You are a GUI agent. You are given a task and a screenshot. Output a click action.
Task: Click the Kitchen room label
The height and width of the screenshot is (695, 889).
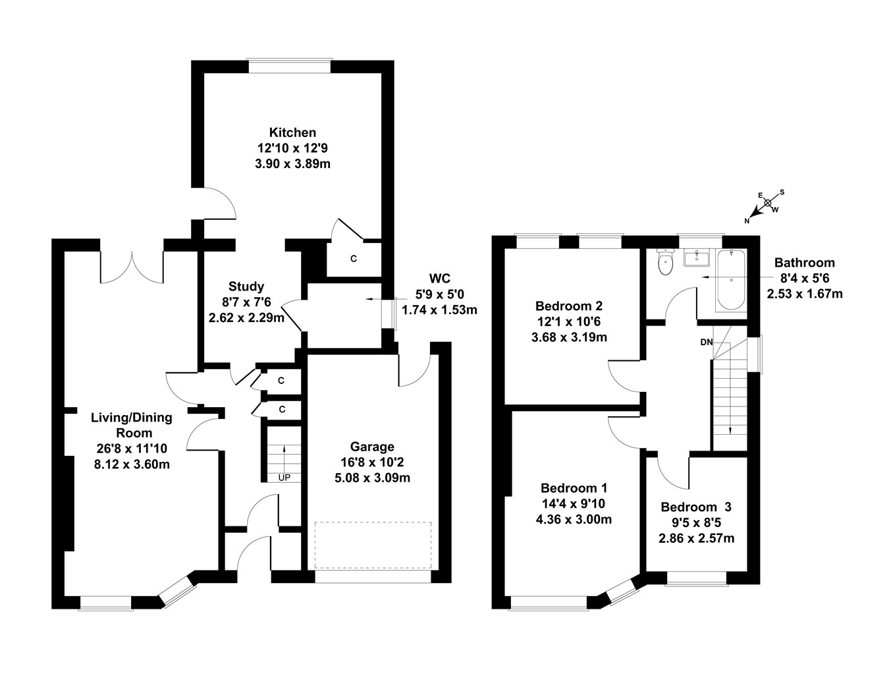pyautogui.click(x=292, y=132)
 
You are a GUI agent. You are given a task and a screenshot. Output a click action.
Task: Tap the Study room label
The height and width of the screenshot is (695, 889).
pyautogui.click(x=246, y=287)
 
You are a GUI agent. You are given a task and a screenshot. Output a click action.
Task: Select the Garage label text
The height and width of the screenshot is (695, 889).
pyautogui.click(x=372, y=447)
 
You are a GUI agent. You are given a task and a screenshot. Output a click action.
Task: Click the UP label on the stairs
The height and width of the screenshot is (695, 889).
pyautogui.click(x=284, y=477)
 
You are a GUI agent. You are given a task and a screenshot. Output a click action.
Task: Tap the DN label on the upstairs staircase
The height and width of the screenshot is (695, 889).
pyautogui.click(x=706, y=342)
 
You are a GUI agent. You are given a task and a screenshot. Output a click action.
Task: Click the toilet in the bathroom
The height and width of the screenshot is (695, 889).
pyautogui.click(x=666, y=264)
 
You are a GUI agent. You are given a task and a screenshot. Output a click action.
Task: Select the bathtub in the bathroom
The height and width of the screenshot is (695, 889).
pyautogui.click(x=730, y=280)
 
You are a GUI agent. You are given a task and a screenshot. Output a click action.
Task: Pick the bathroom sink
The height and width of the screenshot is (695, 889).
pyautogui.click(x=696, y=258)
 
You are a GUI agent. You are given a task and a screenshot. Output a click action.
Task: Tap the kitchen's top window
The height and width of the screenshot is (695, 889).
pyautogui.click(x=288, y=66)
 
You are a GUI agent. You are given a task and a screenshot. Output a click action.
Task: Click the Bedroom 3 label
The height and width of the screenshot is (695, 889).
pyautogui.click(x=696, y=507)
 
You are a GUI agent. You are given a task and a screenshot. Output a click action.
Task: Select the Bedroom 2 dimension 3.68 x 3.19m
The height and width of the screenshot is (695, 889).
pyautogui.click(x=569, y=337)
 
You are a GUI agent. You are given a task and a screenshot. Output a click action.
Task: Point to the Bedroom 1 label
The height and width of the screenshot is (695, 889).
pyautogui.click(x=574, y=488)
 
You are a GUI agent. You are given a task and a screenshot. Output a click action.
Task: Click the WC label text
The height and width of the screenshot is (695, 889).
pyautogui.click(x=439, y=277)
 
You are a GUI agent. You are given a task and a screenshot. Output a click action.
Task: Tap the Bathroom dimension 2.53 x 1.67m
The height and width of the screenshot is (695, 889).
pyautogui.click(x=805, y=293)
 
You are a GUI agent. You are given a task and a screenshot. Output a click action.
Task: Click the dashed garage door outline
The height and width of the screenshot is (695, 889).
pyautogui.click(x=373, y=545)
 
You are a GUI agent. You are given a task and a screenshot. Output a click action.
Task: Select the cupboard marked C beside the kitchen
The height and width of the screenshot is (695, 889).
pyautogui.click(x=354, y=259)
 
